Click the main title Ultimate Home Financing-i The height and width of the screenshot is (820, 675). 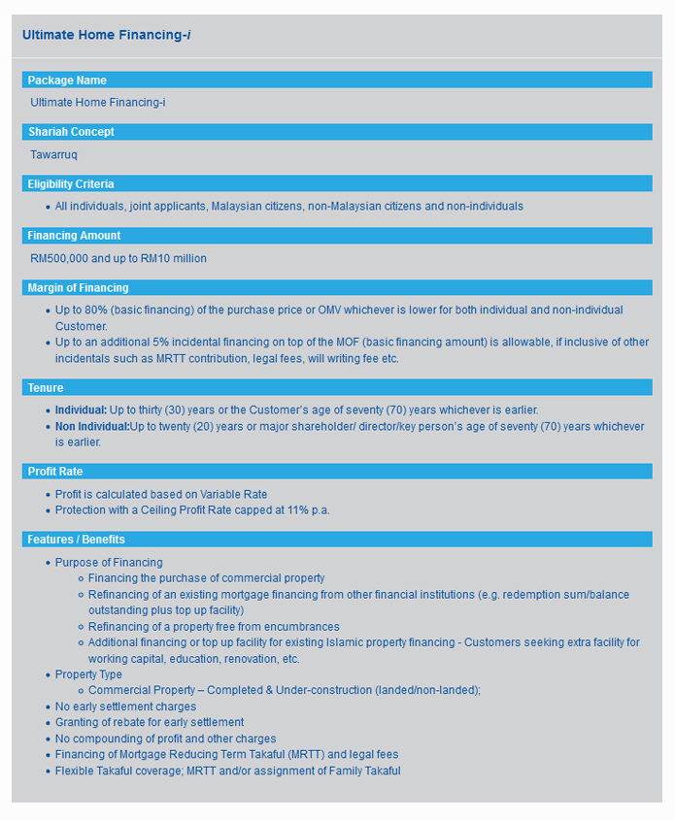pos(107,35)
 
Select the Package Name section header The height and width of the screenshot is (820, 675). pos(67,81)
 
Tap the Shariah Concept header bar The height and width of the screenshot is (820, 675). pos(71,132)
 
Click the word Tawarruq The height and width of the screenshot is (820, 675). pos(53,154)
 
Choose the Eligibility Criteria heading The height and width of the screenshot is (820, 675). pos(71,184)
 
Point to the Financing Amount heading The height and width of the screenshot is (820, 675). pos(74,236)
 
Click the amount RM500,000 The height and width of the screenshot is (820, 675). pos(59,258)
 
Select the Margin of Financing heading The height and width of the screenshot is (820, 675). pos(78,288)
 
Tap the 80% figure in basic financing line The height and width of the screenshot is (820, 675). pos(95,310)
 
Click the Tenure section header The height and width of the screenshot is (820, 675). pos(46,388)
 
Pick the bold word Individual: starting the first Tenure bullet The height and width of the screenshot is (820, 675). pos(81,410)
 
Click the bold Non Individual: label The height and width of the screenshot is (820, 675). pos(92,427)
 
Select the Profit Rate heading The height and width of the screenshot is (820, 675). pos(55,472)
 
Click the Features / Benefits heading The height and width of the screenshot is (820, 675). pos(77,540)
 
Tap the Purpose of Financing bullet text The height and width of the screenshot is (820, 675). pos(109,563)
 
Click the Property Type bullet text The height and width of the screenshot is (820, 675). pos(88,674)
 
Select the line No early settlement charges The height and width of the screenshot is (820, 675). pos(125,706)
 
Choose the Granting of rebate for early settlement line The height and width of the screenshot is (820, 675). pos(150,723)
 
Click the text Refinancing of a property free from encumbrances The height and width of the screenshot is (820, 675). pos(214,627)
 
